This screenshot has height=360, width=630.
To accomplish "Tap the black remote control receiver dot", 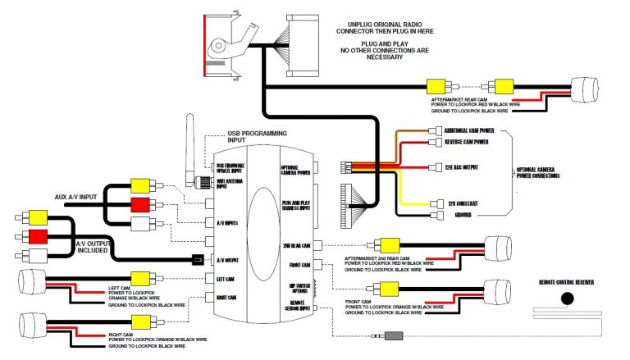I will (x=567, y=298).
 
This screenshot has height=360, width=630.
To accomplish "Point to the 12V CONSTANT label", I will (x=462, y=203).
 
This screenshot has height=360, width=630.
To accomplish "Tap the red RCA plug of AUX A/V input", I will (x=141, y=203).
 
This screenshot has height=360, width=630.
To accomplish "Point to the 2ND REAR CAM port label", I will (x=295, y=245).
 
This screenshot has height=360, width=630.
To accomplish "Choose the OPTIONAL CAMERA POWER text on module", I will (x=295, y=169).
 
